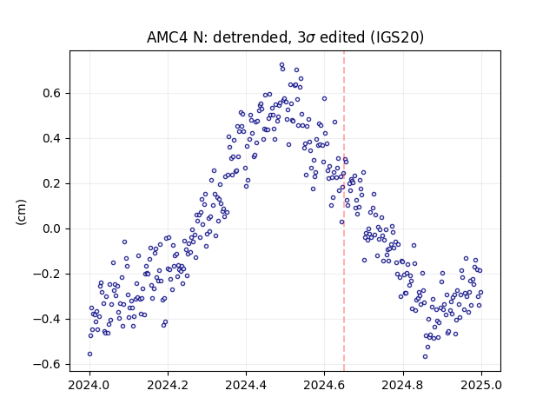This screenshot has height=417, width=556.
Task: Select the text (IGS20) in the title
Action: (397, 37)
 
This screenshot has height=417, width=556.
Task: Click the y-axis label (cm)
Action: (21, 212)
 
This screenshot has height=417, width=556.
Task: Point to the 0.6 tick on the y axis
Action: (52, 93)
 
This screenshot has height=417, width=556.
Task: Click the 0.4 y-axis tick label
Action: (52, 138)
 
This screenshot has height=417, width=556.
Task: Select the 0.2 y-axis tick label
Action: (52, 183)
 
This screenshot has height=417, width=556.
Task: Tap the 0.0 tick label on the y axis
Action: (52, 228)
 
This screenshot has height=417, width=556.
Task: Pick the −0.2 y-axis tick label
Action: (47, 275)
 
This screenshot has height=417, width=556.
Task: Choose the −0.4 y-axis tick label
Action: (47, 319)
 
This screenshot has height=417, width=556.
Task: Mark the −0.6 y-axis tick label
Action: (47, 364)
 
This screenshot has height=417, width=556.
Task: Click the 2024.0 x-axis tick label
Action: (89, 385)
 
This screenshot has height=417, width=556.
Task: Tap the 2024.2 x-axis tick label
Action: (168, 385)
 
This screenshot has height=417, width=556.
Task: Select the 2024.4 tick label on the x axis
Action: (246, 385)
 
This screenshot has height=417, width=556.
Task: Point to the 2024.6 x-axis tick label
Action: (324, 385)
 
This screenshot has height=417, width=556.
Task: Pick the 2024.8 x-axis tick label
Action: (403, 385)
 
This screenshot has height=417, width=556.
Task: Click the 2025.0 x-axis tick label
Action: (481, 385)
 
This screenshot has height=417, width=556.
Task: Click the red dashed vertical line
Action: (344, 211)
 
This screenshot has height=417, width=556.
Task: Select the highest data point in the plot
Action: (281, 65)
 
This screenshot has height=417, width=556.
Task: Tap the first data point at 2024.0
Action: (89, 354)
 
